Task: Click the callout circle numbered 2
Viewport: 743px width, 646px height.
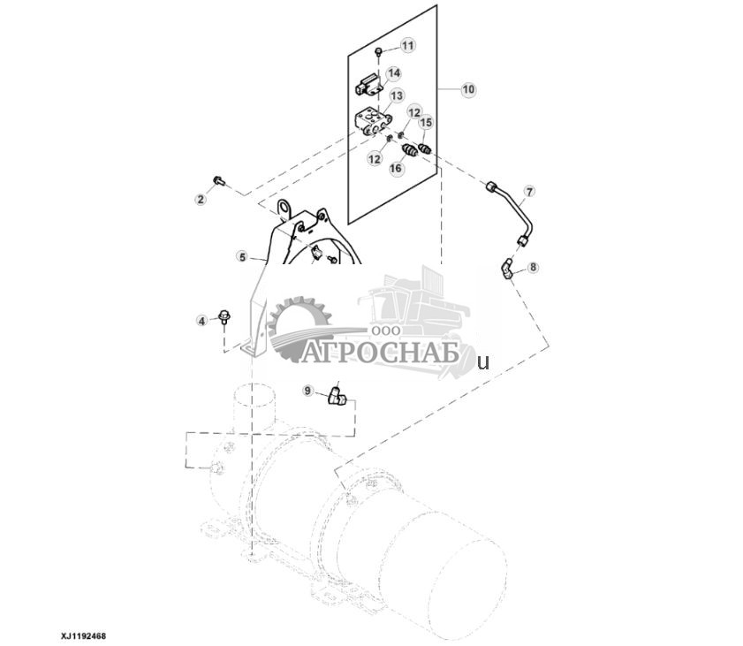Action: point(201,200)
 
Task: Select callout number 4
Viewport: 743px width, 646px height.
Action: point(201,321)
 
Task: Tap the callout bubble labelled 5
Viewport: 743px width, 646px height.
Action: point(241,257)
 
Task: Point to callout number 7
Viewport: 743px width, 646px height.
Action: point(529,191)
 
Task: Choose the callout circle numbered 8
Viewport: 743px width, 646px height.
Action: point(533,266)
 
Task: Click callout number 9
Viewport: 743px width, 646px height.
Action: point(308,390)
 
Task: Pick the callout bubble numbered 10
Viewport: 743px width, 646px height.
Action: point(468,89)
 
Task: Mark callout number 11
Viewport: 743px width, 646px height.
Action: point(407,45)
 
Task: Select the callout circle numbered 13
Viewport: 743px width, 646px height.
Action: point(397,95)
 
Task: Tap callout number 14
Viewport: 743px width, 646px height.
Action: point(393,72)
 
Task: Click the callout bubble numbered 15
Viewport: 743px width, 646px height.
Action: point(426,123)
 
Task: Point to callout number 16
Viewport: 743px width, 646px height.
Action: point(396,167)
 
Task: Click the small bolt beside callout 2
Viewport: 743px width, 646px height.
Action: point(221,182)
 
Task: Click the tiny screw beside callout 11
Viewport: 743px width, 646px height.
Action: point(378,52)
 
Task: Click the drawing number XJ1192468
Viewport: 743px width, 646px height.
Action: point(83,635)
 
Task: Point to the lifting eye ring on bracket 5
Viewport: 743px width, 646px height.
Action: point(284,209)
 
